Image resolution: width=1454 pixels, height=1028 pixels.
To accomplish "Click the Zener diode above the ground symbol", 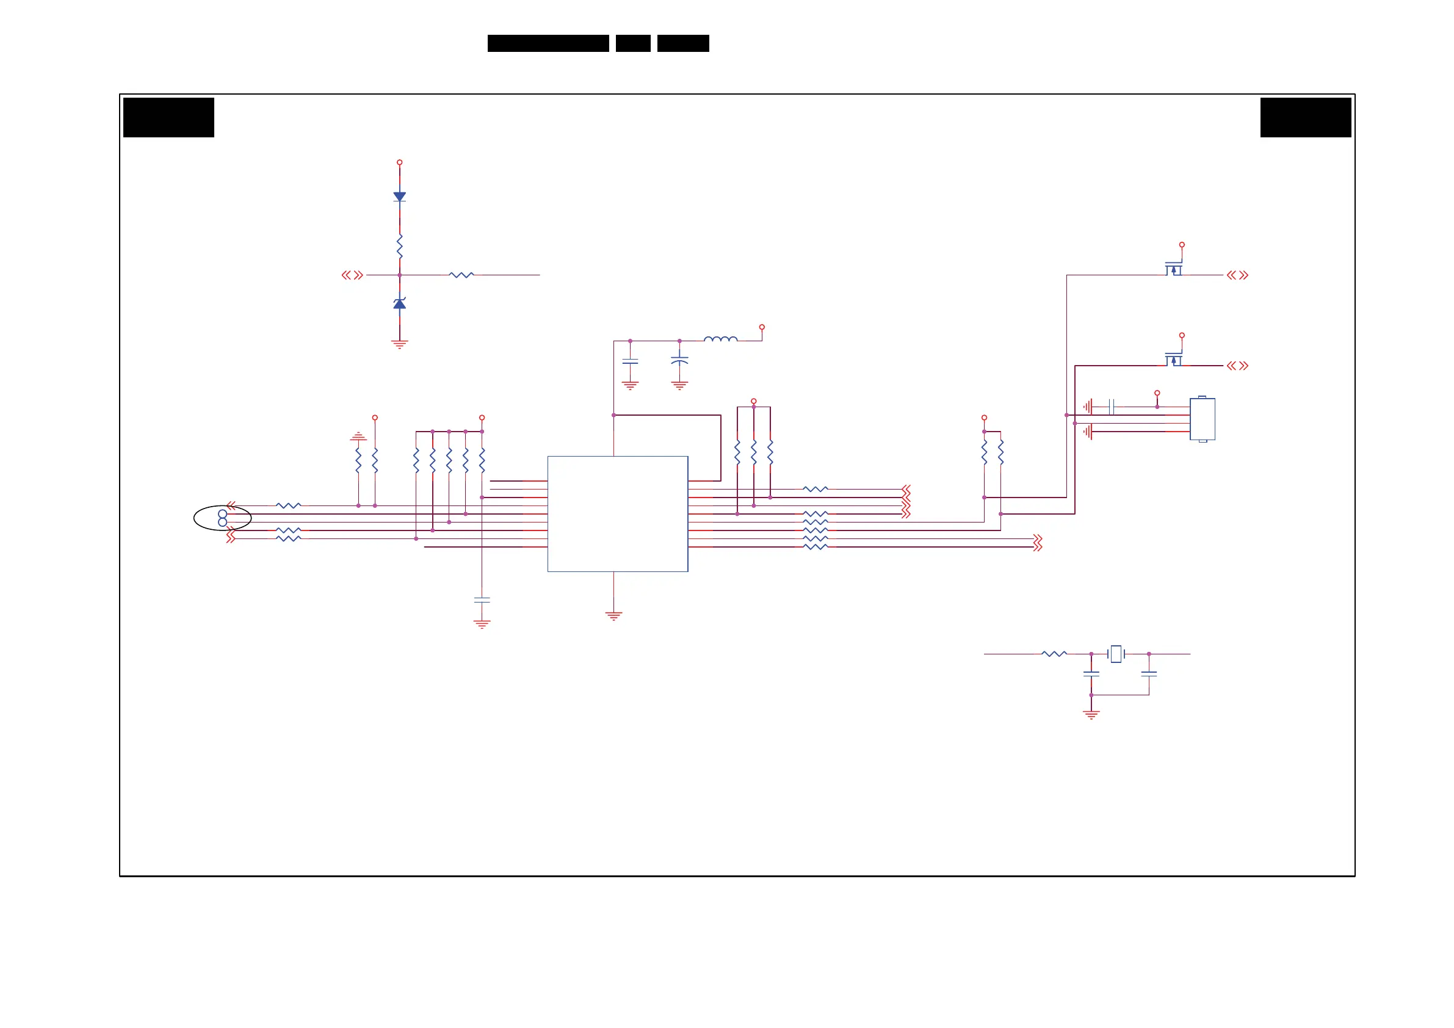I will pyautogui.click(x=400, y=304).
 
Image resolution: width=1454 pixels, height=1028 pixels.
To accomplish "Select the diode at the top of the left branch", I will pyautogui.click(x=400, y=197).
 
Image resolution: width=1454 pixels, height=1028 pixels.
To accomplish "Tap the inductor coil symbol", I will pyautogui.click(x=721, y=339).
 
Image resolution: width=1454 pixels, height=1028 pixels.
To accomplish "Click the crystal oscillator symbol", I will pyautogui.click(x=1116, y=654).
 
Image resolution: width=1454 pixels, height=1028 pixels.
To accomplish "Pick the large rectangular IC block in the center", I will pyautogui.click(x=618, y=513).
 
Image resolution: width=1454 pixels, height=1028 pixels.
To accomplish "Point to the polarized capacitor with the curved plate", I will pyautogui.click(x=679, y=360).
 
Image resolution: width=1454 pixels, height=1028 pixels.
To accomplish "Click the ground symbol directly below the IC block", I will pyautogui.click(x=613, y=615).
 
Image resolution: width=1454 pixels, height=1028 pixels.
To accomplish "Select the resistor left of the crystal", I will pyautogui.click(x=1054, y=654).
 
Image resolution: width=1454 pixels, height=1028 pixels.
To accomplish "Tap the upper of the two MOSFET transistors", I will pyautogui.click(x=1173, y=269).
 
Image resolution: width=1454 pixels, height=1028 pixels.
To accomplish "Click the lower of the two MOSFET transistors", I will pyautogui.click(x=1173, y=360).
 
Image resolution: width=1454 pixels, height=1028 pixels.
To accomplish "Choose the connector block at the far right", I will pyautogui.click(x=1202, y=419).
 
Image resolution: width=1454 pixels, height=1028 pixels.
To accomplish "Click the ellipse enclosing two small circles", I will pyautogui.click(x=222, y=518).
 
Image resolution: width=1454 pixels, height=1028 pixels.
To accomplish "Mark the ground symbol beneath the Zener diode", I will pyautogui.click(x=400, y=344).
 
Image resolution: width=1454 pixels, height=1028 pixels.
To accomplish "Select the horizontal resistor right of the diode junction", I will pyautogui.click(x=461, y=275).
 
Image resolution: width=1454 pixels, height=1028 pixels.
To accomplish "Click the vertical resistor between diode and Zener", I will pyautogui.click(x=400, y=246).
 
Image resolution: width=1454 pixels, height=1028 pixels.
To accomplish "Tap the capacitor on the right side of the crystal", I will pyautogui.click(x=1149, y=674).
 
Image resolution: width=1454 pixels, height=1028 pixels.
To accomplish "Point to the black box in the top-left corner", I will pyautogui.click(x=168, y=117).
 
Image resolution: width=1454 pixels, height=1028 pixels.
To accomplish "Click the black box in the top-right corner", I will pyautogui.click(x=1305, y=117).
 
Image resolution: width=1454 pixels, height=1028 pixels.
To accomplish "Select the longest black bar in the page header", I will pyautogui.click(x=548, y=43).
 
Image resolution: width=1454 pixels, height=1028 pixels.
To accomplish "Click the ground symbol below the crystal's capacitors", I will pyautogui.click(x=1091, y=714).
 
